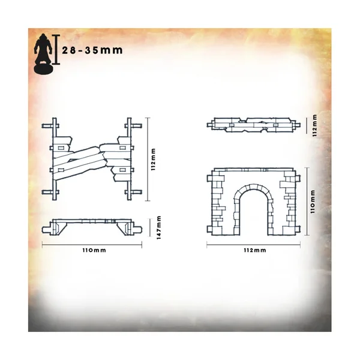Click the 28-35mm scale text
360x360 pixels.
[x=92, y=50]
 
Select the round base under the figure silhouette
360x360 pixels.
[x=44, y=68]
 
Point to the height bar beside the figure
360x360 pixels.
[x=56, y=49]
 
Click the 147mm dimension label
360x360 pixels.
[x=159, y=227]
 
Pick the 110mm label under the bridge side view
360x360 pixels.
[x=94, y=250]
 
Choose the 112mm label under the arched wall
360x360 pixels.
[x=255, y=250]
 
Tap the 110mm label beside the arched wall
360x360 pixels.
[x=313, y=202]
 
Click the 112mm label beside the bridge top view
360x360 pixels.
[x=154, y=160]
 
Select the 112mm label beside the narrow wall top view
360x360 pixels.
[x=314, y=125]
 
